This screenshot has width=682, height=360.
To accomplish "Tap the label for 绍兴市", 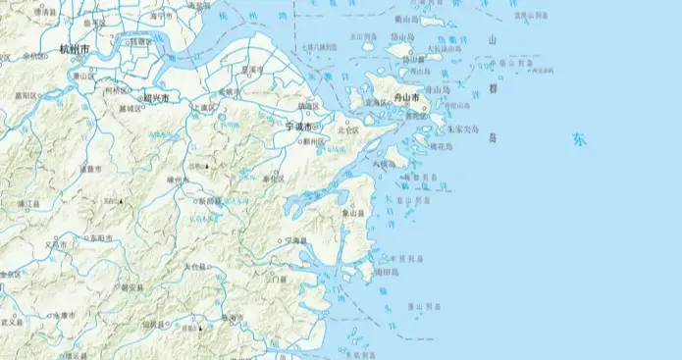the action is tap(155, 98).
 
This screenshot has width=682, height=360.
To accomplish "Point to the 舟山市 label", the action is tap(405, 100).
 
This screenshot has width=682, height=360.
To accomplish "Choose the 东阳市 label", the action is tap(101, 237).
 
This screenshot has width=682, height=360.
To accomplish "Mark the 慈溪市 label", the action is tap(253, 71).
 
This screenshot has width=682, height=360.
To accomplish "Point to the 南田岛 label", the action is tap(386, 272).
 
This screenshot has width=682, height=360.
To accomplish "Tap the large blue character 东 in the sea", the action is tap(581, 139).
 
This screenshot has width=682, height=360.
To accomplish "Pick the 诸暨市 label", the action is tap(90, 169).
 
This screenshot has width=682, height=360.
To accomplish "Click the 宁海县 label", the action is tap(292, 240).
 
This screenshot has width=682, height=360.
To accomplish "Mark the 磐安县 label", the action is tap(128, 288).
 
